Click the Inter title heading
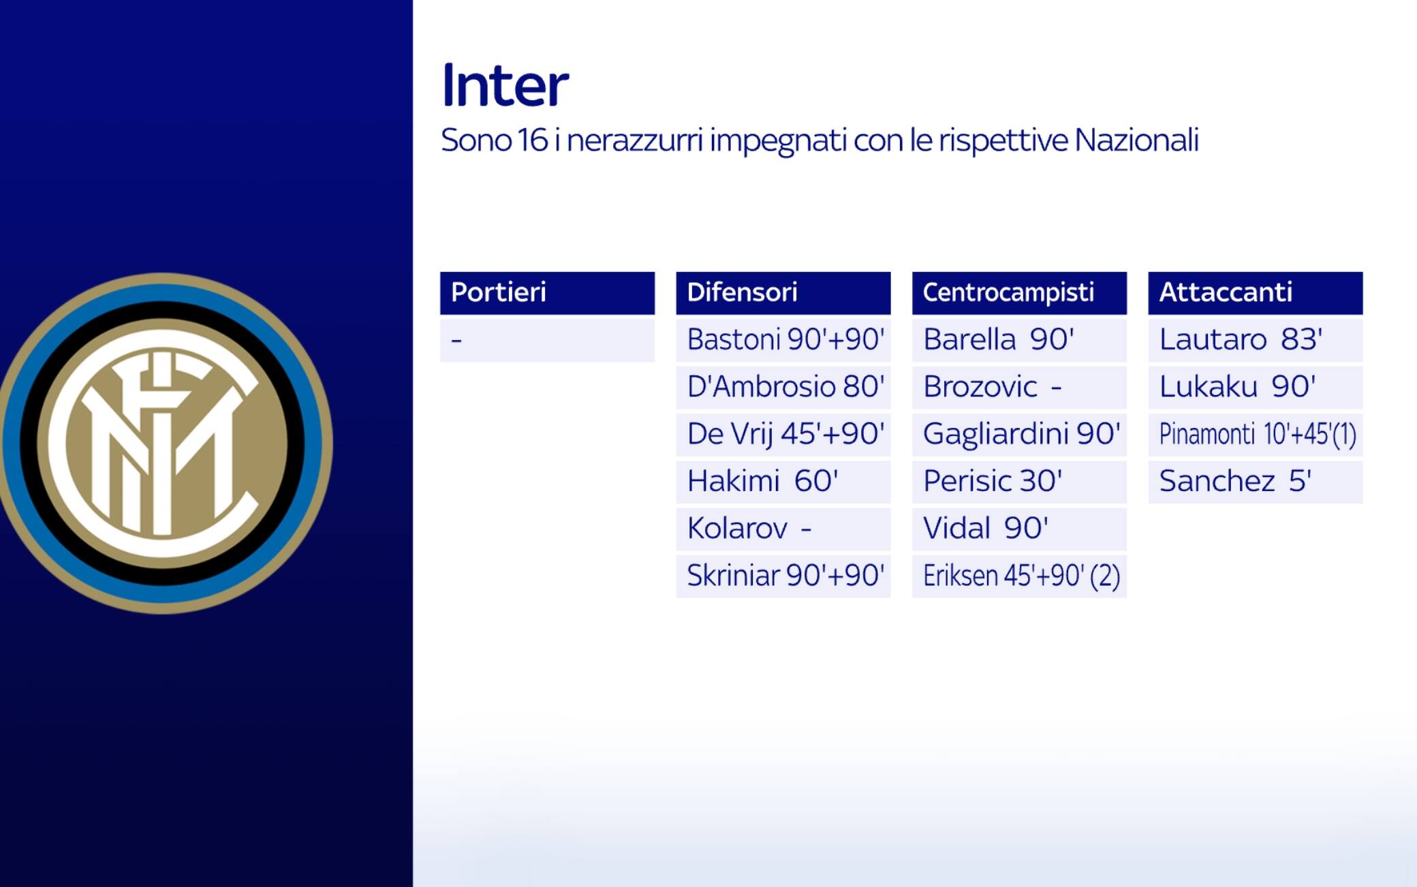click(x=505, y=86)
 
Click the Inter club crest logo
click(x=163, y=443)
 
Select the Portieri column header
click(x=547, y=293)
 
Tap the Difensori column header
click(x=783, y=293)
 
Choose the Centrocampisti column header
click(x=1019, y=293)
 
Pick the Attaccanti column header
click(x=1255, y=293)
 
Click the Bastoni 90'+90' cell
click(x=783, y=340)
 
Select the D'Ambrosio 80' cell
click(x=783, y=387)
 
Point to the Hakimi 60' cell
click(x=783, y=482)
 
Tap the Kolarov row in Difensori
click(x=783, y=529)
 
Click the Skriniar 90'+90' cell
click(x=783, y=576)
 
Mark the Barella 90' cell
click(x=1019, y=340)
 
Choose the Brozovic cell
click(x=1019, y=387)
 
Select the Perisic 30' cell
click(x=1019, y=482)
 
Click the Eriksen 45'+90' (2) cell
click(x=1019, y=576)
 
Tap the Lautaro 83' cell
click(x=1255, y=340)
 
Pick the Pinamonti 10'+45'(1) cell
click(x=1255, y=435)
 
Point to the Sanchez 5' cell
click(x=1255, y=482)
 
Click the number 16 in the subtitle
click(x=532, y=140)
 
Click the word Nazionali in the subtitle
click(x=1136, y=140)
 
